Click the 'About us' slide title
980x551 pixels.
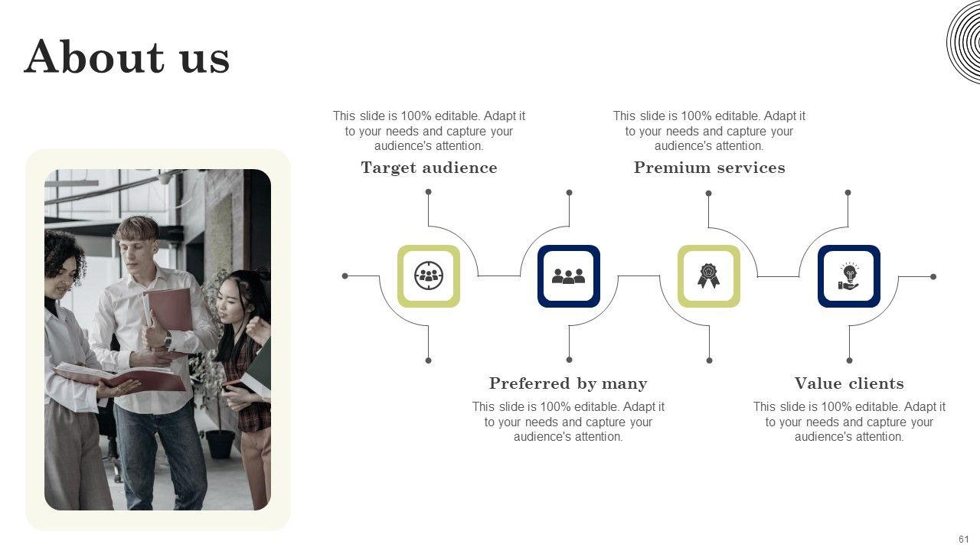point(127,57)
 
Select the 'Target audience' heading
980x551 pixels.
point(429,168)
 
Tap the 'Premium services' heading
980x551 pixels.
point(709,168)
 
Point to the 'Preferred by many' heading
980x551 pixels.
point(568,383)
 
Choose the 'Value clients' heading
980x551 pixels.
point(849,383)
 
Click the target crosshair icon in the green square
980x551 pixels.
point(429,275)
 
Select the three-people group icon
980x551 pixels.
point(568,275)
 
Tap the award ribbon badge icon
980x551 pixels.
point(708,275)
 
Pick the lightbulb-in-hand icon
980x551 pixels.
point(848,275)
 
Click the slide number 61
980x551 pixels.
point(963,540)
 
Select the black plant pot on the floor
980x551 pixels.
point(220,444)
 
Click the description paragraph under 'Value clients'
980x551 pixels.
point(849,422)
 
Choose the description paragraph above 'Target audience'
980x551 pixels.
point(429,131)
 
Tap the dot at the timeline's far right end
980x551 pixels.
point(933,276)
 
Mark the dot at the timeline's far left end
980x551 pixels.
point(345,275)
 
